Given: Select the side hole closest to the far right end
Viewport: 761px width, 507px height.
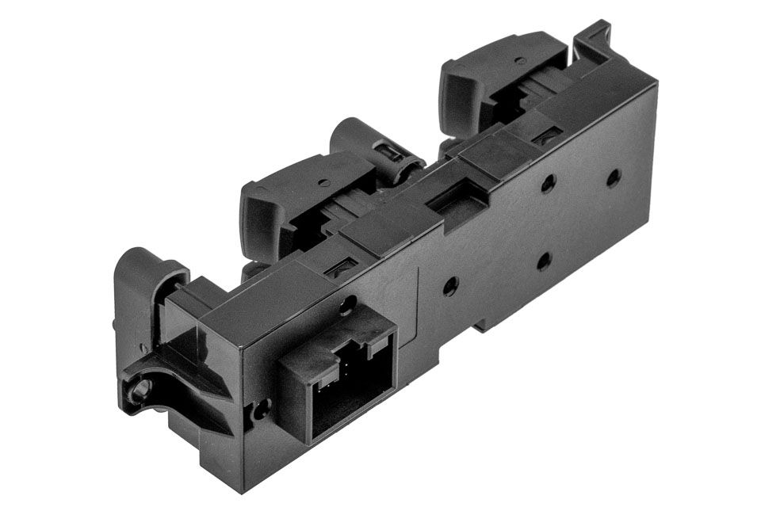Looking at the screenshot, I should [x=614, y=177].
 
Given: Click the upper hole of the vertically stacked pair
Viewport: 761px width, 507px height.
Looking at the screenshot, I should [x=548, y=184].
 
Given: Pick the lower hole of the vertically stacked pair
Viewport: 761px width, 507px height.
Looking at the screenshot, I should [x=544, y=261].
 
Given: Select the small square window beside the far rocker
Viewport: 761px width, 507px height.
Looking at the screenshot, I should [x=545, y=139].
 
